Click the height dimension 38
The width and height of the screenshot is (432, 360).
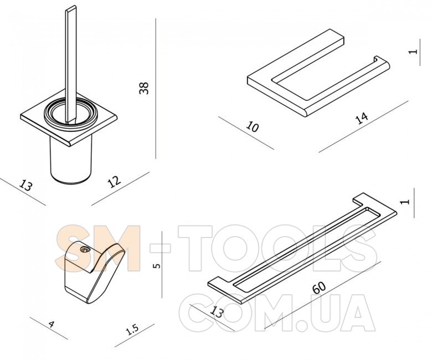(144, 88)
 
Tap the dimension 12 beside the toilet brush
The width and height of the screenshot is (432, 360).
(114, 182)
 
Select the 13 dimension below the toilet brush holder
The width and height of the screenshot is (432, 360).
(26, 185)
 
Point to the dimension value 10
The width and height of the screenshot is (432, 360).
(253, 127)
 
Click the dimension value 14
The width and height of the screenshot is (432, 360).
(362, 118)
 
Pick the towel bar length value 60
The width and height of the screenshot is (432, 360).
(320, 287)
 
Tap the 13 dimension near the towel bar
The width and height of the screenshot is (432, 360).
(216, 312)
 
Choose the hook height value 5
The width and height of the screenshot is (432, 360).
(156, 266)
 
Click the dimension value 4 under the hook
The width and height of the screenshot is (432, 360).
(51, 325)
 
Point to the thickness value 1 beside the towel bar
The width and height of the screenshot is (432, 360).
(407, 202)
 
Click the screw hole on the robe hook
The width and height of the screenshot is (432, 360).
(84, 250)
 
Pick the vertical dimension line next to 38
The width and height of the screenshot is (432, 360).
(156, 89)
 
